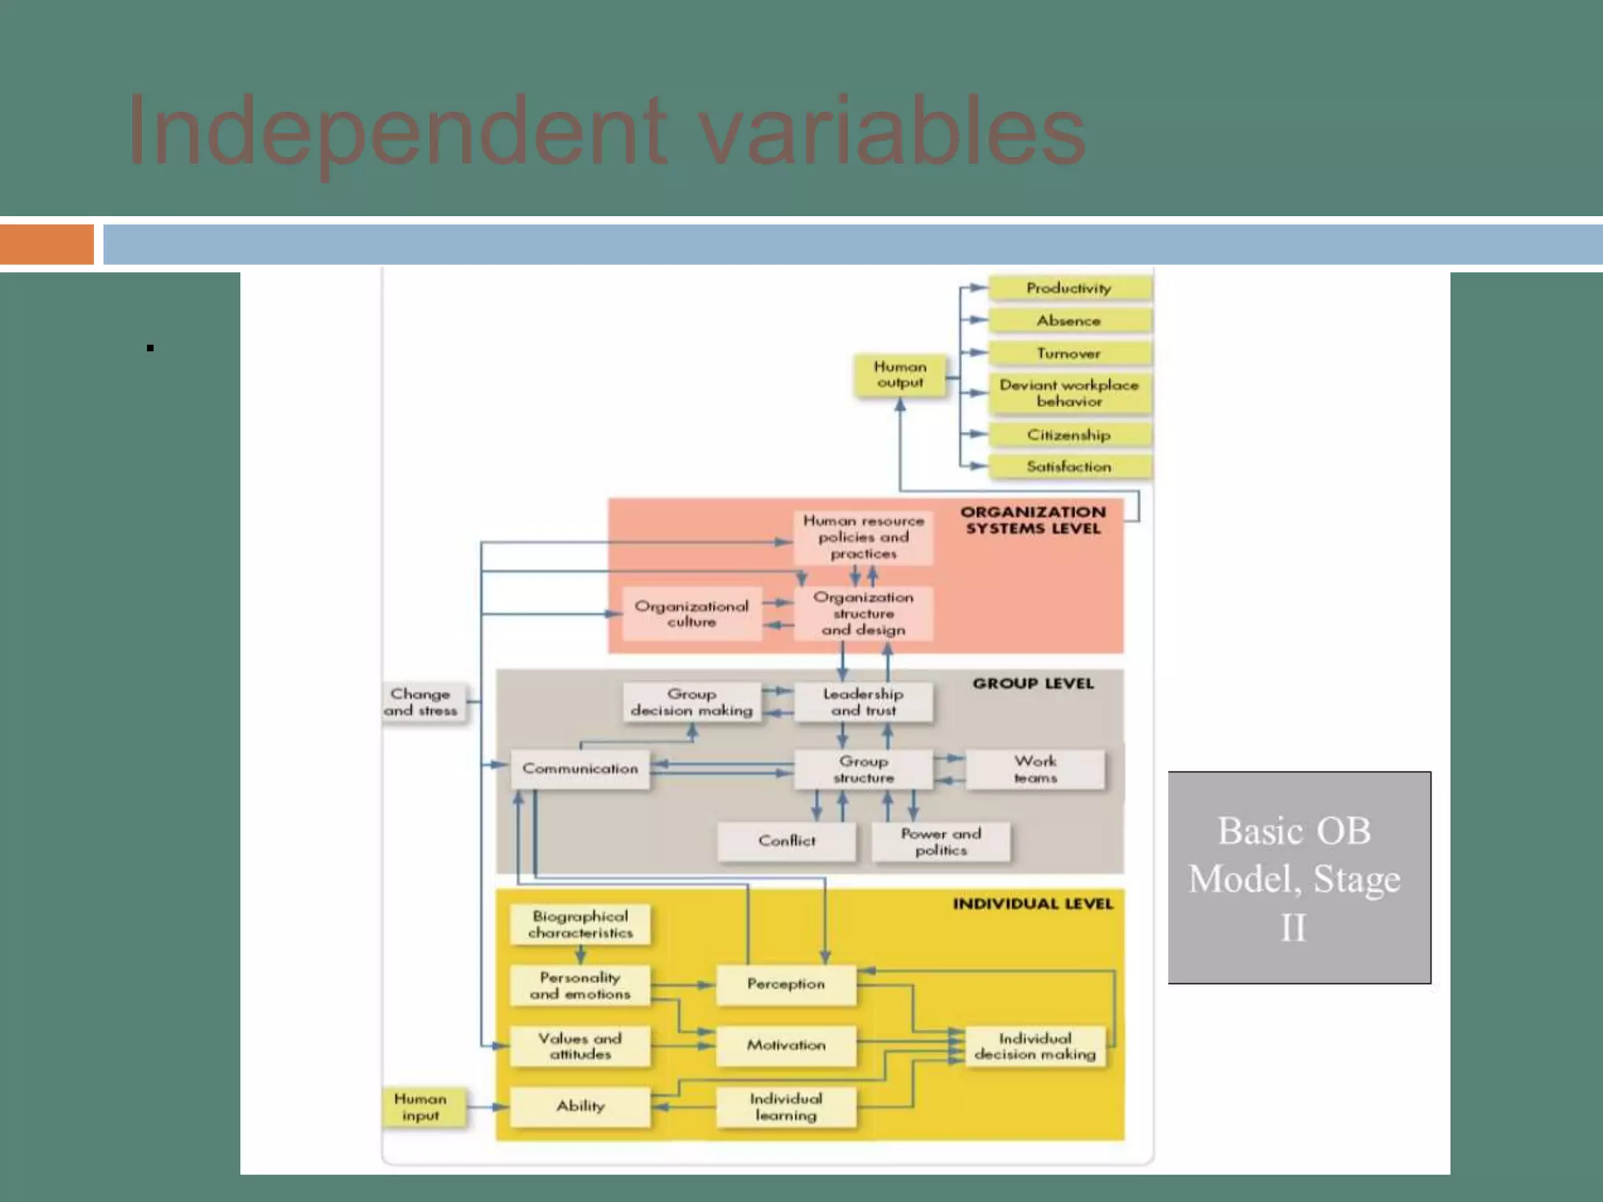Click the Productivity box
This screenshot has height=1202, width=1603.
[x=1069, y=288]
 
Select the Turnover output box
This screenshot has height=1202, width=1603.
[x=1069, y=353]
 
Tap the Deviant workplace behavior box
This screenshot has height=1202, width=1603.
[x=1069, y=393]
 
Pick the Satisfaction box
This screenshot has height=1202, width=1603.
[x=1069, y=466]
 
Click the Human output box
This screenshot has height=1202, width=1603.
[x=900, y=375]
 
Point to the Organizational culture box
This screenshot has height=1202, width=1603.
[x=692, y=614]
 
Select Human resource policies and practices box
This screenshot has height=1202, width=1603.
[x=863, y=537]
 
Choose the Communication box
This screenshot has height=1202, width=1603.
[x=580, y=769]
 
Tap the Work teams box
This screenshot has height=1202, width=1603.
[x=1035, y=769]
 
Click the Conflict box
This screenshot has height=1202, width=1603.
[x=787, y=841]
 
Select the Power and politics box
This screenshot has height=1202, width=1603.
[x=941, y=841]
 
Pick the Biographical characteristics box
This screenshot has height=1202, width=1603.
[x=580, y=924]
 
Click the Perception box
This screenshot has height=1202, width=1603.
[x=786, y=984]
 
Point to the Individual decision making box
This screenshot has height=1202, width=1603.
[x=1035, y=1046]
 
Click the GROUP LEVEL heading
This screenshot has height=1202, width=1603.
[x=1033, y=683]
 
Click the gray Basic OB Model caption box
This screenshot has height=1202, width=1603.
[x=1299, y=877]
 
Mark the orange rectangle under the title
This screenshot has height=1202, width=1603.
[x=47, y=244]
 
